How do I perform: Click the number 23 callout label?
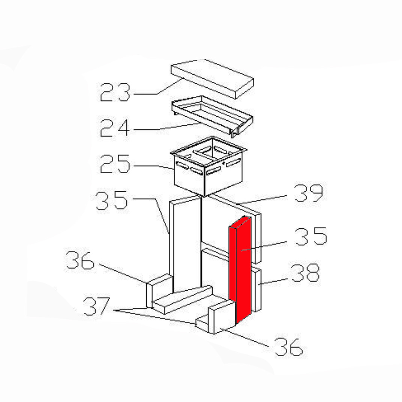115,92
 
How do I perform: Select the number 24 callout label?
115,128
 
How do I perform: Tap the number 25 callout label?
115,164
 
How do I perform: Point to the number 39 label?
309,193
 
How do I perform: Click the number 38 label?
306,273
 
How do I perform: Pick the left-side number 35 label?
111,200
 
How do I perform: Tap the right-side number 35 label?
311,236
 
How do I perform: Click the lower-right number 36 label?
289,347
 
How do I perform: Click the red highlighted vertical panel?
240,270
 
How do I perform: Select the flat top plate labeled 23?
212,79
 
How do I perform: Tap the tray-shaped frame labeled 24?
212,117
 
